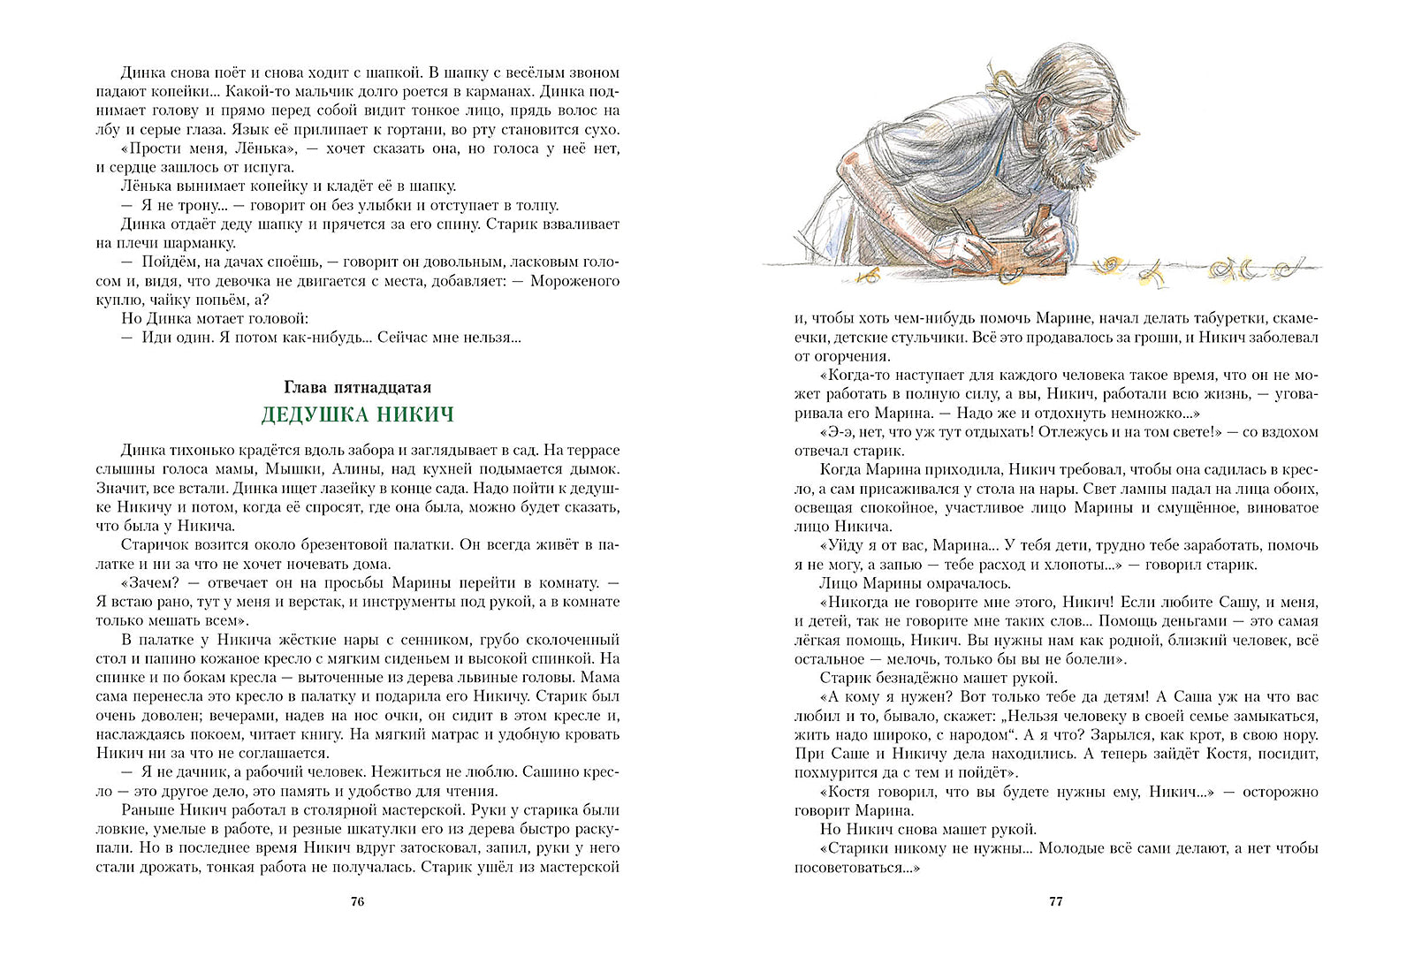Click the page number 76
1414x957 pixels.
point(357,901)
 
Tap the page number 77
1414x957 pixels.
point(1055,901)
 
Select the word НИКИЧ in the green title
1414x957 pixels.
point(414,414)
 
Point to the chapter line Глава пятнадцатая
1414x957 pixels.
point(357,387)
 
